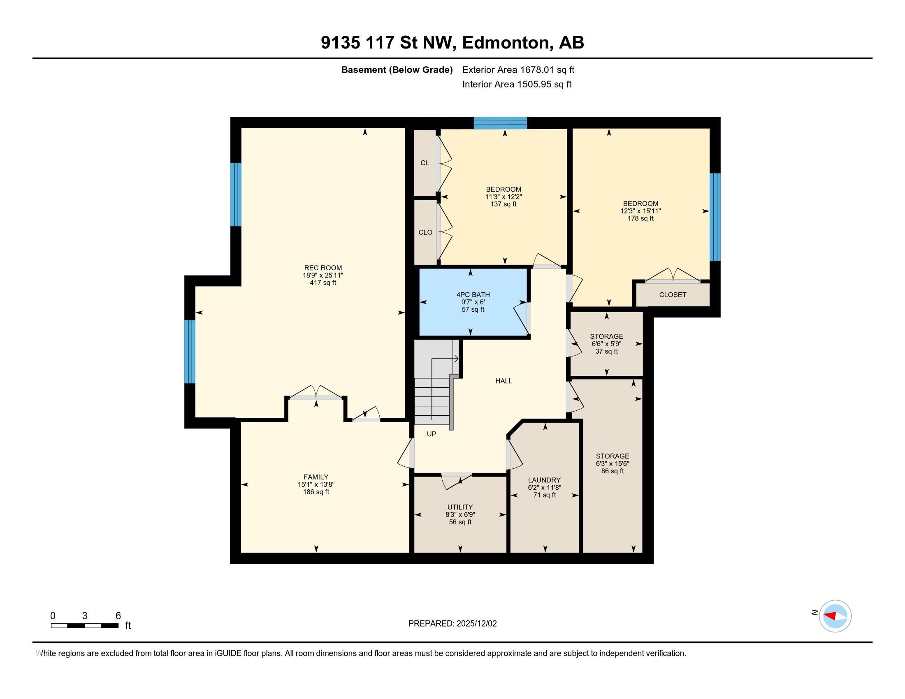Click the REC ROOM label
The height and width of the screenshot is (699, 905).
click(323, 268)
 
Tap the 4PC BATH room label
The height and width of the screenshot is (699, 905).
click(473, 295)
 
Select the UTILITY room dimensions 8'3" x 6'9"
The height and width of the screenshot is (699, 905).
click(460, 515)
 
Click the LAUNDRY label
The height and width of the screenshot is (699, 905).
click(544, 480)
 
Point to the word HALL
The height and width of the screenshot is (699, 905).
click(504, 381)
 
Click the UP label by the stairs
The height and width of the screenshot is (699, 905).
click(432, 434)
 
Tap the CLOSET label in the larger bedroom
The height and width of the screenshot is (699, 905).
click(673, 295)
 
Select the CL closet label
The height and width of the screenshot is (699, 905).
click(425, 163)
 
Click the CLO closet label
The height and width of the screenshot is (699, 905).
click(425, 232)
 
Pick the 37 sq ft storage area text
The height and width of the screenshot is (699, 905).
click(606, 352)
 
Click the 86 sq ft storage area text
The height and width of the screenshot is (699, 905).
click(612, 471)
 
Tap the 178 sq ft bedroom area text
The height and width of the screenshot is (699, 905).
click(640, 219)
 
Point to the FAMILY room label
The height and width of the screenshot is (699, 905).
click(316, 477)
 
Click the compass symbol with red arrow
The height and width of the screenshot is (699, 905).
click(835, 616)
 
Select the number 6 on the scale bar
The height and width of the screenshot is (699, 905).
click(118, 616)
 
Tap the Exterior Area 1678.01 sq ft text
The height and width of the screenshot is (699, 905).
click(518, 70)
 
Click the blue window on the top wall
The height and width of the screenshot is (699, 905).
click(500, 123)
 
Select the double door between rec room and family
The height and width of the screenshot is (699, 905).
click(316, 397)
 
